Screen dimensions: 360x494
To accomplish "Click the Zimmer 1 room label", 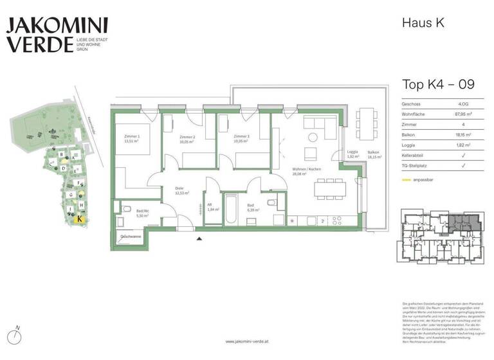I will (131, 139).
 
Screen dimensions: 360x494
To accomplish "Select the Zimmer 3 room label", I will (241, 139).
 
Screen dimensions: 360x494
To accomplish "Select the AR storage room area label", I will (212, 206).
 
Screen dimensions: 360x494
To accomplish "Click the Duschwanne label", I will (131, 237).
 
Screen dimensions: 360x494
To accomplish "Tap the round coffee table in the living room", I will (312, 136).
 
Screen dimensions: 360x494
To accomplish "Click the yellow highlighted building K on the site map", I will (78, 219).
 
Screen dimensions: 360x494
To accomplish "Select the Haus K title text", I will (423, 22).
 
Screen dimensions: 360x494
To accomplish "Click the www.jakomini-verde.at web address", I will (247, 342).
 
